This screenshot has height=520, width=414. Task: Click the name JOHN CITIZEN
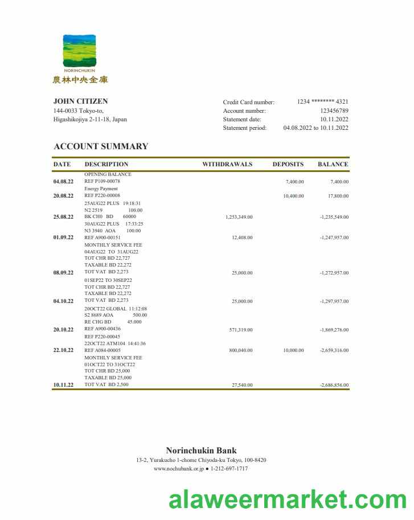pos(80,101)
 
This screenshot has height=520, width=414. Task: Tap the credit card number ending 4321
pos(322,101)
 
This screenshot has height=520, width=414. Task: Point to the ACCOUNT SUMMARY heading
pos(101,146)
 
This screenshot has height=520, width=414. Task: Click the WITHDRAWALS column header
pos(227,164)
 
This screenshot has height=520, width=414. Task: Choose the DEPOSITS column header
pos(288,164)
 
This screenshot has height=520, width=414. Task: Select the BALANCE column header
pos(333,164)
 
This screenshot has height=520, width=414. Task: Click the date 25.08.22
pos(63,217)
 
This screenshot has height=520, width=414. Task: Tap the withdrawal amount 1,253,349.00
pos(239,217)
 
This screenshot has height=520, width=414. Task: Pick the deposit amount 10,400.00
pos(293,196)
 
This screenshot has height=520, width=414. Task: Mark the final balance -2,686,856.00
pos(334,386)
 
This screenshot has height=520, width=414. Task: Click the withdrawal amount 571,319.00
pos(240,330)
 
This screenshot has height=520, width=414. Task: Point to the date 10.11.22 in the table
pos(63,385)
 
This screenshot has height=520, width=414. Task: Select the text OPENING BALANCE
pos(108,174)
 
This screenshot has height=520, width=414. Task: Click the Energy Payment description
pos(101,189)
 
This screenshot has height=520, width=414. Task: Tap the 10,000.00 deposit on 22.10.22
pos(293,350)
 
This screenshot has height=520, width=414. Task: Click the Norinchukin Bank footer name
pos(201,451)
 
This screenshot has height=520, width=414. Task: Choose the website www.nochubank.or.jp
pos(179,469)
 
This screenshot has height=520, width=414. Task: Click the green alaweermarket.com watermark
pos(287,499)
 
